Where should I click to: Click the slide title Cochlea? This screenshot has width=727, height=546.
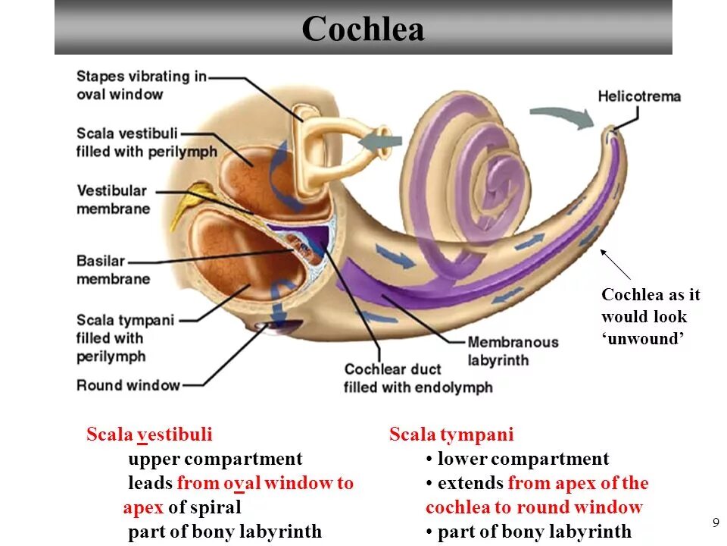[x=363, y=30]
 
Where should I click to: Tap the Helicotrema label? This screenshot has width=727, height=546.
[x=639, y=96]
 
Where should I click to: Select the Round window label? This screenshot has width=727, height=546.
[x=128, y=385]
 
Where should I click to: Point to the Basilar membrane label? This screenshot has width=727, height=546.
[x=113, y=270]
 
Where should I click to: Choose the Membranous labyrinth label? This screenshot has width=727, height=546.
[x=513, y=351]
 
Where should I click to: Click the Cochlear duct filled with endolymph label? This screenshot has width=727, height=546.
[x=417, y=378]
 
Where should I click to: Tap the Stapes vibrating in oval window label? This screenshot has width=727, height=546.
[x=141, y=85]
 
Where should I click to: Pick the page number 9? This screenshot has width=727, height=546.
[x=715, y=522]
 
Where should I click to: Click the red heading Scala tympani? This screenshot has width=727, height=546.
[x=451, y=435]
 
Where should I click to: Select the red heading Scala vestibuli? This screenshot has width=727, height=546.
[x=149, y=435]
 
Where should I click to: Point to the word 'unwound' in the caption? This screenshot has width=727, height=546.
[x=644, y=338]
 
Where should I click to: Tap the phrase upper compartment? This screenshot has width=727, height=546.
[x=215, y=459]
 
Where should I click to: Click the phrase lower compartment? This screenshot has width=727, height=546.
[x=523, y=459]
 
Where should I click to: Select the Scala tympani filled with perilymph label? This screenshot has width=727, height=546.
[x=125, y=337]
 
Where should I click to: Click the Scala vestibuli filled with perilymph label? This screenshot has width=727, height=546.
[x=146, y=143]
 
